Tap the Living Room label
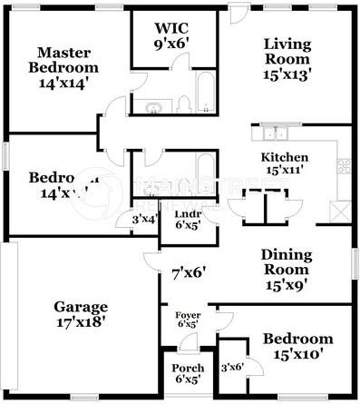(x=287, y=53)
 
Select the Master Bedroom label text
(x=63, y=60)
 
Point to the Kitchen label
(x=285, y=157)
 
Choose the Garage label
(x=81, y=307)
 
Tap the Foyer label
(x=188, y=314)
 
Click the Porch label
(x=188, y=369)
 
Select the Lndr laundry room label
(x=188, y=214)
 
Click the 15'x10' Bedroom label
(x=292, y=346)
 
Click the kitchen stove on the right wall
(x=345, y=166)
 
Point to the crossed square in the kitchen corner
(x=339, y=211)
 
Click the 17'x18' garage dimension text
(x=81, y=320)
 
